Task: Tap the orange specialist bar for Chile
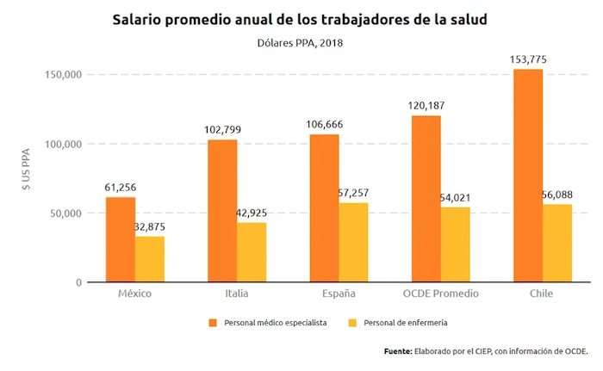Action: (528, 176)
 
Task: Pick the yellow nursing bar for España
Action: (353, 242)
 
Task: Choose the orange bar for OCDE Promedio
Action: (426, 199)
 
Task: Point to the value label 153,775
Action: (528, 59)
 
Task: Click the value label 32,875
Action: (150, 227)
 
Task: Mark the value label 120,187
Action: (426, 106)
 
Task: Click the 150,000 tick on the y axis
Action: (61, 75)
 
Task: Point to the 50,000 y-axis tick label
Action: (64, 213)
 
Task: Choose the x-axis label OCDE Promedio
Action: (440, 294)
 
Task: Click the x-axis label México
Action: (134, 294)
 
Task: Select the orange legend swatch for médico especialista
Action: (212, 323)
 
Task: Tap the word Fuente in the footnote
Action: (397, 351)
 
